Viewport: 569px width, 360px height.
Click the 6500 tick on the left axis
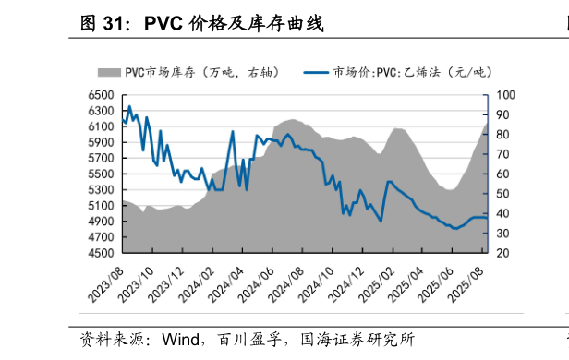102,94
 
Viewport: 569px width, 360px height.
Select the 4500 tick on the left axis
102,252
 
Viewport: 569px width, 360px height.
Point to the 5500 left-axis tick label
102,174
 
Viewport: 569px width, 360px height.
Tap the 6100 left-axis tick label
102,126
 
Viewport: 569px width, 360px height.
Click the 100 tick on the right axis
506,94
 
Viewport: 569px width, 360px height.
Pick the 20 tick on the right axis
503,252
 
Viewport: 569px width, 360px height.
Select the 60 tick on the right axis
503,174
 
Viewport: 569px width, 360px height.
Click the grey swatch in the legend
110,71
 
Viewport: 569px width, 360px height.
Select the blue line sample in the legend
316,71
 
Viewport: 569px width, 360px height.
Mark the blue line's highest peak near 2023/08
129,106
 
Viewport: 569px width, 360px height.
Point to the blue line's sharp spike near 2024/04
233,131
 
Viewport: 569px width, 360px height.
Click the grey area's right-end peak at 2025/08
486,124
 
